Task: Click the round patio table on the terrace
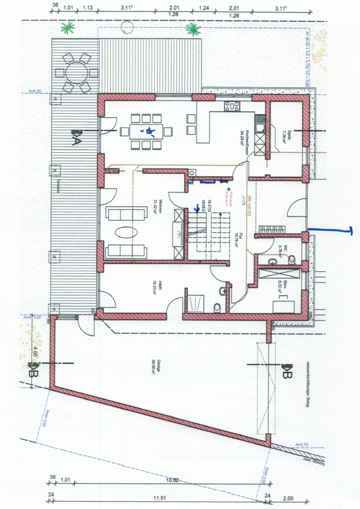coord(76,74)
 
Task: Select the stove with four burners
coord(232,107)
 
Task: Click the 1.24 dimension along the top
coord(204,8)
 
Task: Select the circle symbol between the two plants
coord(127,27)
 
